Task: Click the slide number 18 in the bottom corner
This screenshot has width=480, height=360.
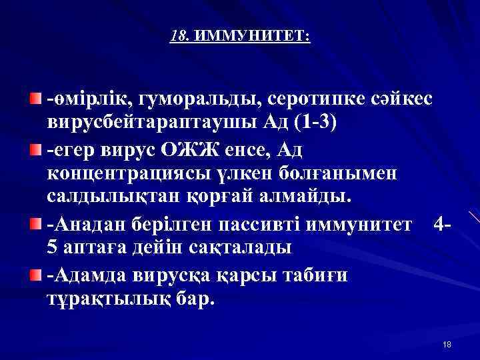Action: (447, 344)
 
